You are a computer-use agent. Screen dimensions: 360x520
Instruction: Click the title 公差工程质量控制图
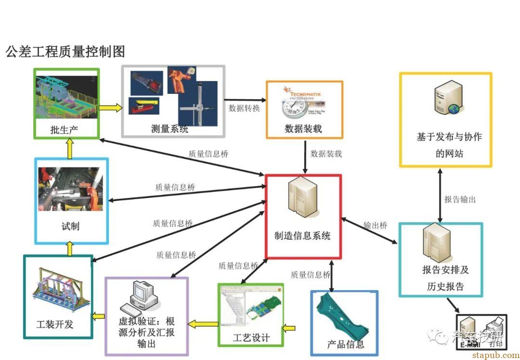point(65,51)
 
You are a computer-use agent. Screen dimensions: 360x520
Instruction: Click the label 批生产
point(64,129)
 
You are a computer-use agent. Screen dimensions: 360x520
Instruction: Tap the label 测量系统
point(169,129)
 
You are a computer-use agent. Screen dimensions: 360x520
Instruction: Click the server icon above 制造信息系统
point(301,197)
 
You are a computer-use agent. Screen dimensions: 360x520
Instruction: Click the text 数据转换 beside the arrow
point(244,108)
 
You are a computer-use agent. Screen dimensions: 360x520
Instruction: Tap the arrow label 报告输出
point(460,199)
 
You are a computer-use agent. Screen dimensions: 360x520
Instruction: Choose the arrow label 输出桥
point(375,225)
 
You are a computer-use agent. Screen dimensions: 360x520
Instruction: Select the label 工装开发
point(55,324)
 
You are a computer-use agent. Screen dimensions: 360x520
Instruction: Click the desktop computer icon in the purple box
point(140,296)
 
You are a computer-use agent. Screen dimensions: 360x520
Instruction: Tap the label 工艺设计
point(251,337)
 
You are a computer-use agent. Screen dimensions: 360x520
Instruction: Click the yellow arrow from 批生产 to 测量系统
point(111,107)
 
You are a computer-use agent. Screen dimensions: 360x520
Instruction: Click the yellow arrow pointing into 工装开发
point(99,316)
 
